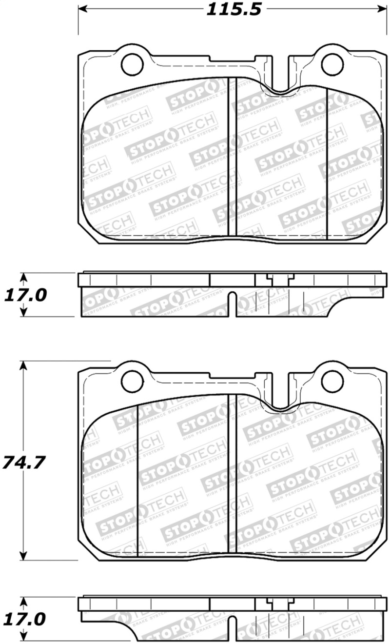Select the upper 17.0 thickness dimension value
pos(25,295)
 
